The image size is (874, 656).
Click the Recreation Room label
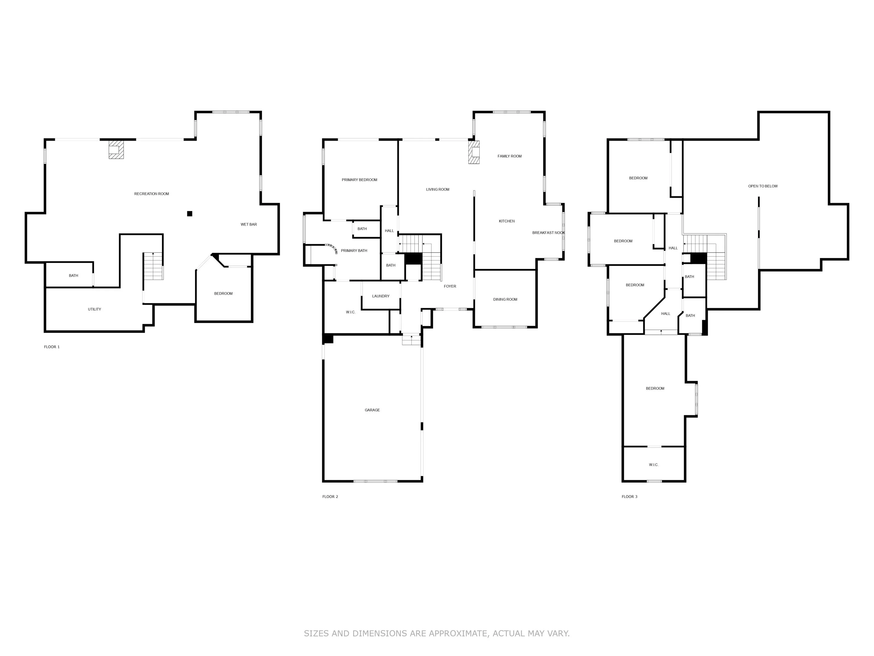pyautogui.click(x=151, y=194)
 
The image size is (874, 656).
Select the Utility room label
pyautogui.click(x=94, y=309)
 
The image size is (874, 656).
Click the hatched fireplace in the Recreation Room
pyautogui.click(x=116, y=149)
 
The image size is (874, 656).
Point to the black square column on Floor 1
pyautogui.click(x=190, y=214)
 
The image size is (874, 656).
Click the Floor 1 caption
pyautogui.click(x=52, y=347)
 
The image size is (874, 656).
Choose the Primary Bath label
pyautogui.click(x=354, y=251)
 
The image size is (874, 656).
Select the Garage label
pyautogui.click(x=372, y=410)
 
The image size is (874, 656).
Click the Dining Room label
pyautogui.click(x=505, y=299)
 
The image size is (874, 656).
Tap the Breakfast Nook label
pyautogui.click(x=549, y=233)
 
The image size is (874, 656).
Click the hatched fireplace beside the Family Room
pyautogui.click(x=474, y=152)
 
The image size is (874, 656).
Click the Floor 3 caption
pyautogui.click(x=629, y=497)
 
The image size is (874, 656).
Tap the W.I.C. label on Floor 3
pyautogui.click(x=654, y=465)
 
